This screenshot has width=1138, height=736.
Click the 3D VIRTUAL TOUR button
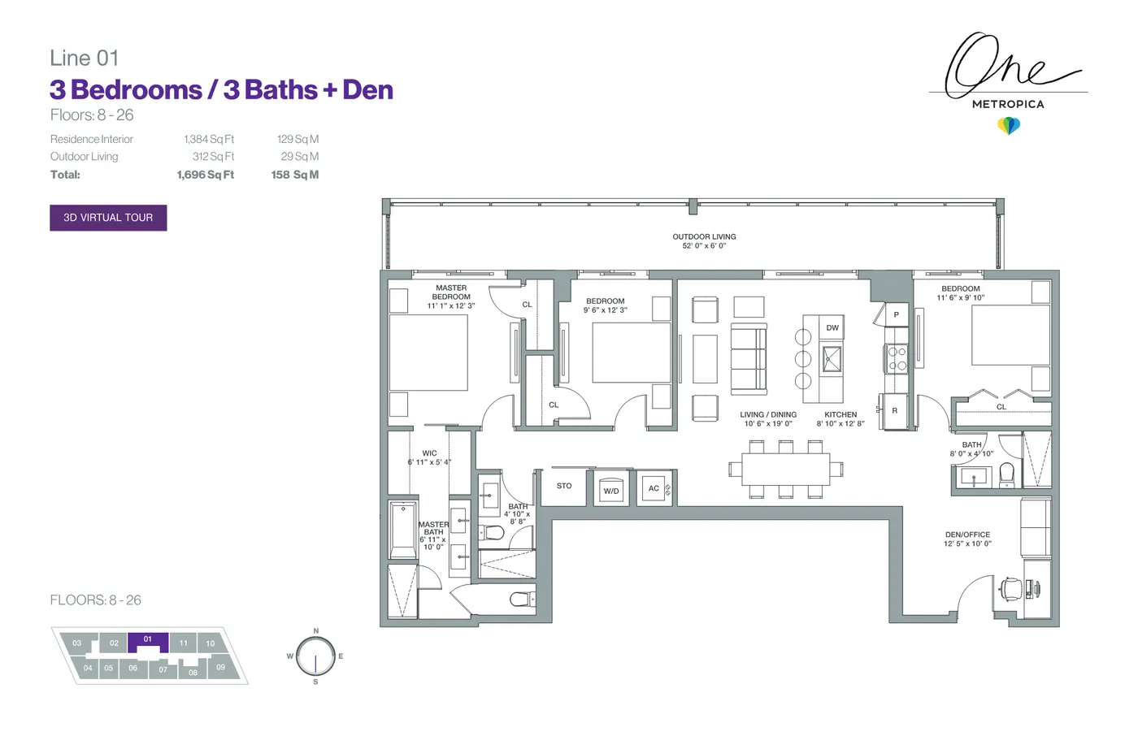click(108, 218)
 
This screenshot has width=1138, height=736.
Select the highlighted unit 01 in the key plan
click(148, 642)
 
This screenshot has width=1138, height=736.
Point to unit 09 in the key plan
click(220, 667)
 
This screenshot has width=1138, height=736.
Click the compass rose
click(315, 656)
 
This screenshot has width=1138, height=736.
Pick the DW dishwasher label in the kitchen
click(832, 327)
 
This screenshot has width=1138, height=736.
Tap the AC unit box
click(654, 488)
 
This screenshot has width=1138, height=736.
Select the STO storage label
click(564, 486)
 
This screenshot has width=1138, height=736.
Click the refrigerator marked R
click(895, 410)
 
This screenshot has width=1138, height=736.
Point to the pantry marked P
click(896, 314)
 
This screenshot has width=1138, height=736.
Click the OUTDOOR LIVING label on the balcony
click(704, 236)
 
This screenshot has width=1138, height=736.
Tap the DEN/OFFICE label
click(968, 535)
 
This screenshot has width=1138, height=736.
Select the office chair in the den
click(1010, 590)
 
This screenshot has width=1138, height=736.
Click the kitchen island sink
click(832, 359)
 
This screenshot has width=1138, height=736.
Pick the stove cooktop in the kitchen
click(896, 358)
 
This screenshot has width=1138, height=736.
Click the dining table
click(785, 469)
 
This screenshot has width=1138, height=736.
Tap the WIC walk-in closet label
click(429, 452)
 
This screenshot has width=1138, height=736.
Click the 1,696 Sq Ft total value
click(205, 175)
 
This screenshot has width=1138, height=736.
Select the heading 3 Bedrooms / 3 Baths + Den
click(221, 90)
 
